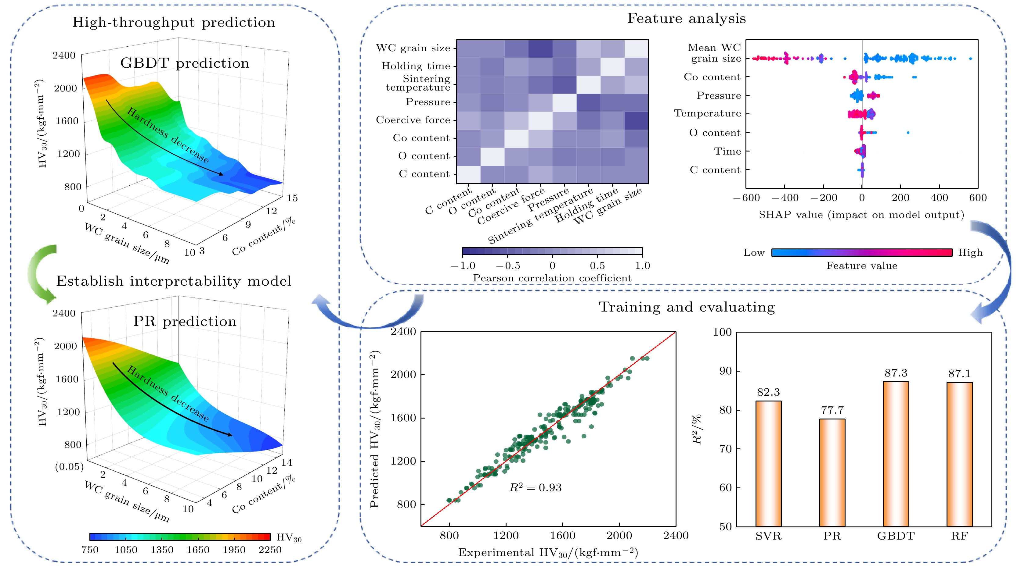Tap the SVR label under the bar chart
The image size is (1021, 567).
tap(768, 536)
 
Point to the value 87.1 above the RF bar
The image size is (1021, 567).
tap(959, 373)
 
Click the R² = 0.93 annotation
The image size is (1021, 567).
tap(535, 487)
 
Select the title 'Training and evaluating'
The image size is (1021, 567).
tap(687, 307)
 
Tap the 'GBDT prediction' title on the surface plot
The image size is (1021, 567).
tap(185, 63)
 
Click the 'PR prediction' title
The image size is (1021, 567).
tap(185, 321)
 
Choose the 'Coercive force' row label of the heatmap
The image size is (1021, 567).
tap(413, 120)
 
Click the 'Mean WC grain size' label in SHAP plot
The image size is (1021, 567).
tap(715, 53)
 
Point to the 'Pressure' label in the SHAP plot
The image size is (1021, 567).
tap(719, 95)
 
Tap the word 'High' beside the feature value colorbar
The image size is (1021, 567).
tap(970, 253)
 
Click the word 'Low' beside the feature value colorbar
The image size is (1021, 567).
tap(754, 253)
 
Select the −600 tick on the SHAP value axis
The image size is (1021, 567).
tap(746, 198)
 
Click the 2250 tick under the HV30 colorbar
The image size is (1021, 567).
tap(270, 550)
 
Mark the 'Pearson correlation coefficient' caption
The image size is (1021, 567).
tap(552, 278)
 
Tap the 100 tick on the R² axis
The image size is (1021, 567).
tap(722, 332)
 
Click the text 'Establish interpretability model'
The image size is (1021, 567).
tap(174, 281)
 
